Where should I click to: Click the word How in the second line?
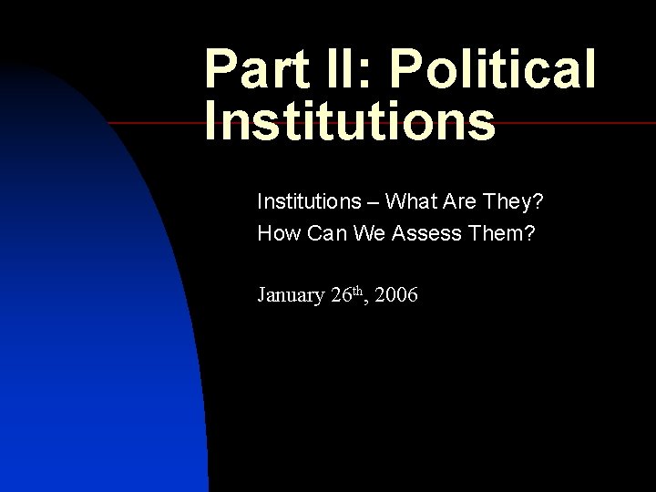(x=278, y=233)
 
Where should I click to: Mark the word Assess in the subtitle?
(x=428, y=233)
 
